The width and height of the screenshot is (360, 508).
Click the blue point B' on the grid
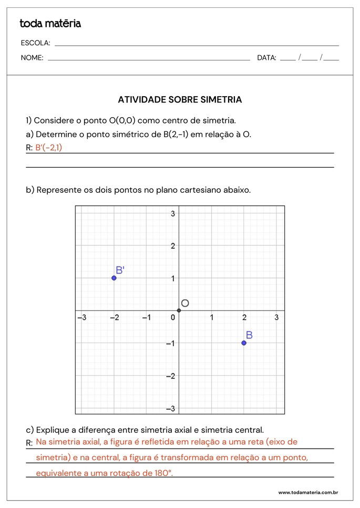point(114,277)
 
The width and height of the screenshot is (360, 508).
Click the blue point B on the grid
point(244,343)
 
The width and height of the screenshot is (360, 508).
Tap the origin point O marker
point(179,310)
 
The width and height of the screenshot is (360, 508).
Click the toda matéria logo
point(50,24)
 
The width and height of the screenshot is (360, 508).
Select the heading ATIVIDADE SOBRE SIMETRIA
point(180,99)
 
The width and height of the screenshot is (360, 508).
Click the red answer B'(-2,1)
point(48,148)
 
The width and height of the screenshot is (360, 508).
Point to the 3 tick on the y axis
point(173,213)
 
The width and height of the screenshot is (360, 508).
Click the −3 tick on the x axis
point(82,318)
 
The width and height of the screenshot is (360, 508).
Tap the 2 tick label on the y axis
point(173,245)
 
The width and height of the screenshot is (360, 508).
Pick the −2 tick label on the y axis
point(171,376)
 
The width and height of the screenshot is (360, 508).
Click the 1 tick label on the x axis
point(212,318)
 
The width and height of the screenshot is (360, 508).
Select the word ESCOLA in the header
point(35,43)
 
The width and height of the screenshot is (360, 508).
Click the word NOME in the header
point(32,58)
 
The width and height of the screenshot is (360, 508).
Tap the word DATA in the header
point(266,58)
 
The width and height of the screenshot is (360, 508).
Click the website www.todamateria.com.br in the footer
point(308,493)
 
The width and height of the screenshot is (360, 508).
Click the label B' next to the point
point(120,270)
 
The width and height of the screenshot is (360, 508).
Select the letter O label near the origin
point(185,303)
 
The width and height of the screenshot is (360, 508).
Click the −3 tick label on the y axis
point(171,408)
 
